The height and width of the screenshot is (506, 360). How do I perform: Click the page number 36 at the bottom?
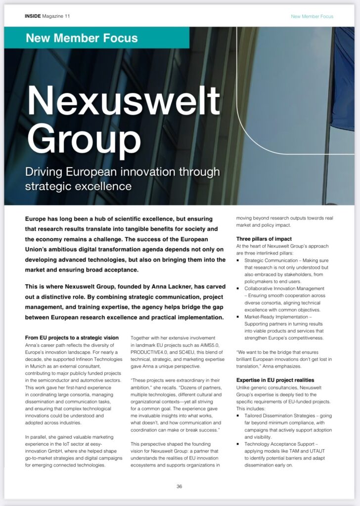[x=180, y=486]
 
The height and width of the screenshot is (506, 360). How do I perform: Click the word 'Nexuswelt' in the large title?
[x=124, y=101]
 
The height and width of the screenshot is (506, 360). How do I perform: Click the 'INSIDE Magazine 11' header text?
[x=47, y=16]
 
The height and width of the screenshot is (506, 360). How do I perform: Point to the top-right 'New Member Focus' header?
[x=312, y=16]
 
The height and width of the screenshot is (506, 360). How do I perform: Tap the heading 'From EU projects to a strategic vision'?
[x=72, y=337]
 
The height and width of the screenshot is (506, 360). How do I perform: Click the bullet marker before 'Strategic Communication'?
[x=239, y=260]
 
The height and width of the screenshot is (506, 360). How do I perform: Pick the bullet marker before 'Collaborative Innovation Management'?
[x=239, y=288]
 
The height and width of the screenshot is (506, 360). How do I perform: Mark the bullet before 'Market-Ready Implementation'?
[x=239, y=317]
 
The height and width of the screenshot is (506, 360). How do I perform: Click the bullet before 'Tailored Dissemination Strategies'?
[x=239, y=416]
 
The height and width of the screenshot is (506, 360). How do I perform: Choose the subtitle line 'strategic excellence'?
[x=79, y=186]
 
